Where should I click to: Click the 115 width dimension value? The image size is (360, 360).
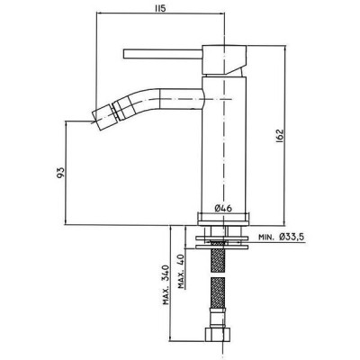pyautogui.click(x=160, y=8)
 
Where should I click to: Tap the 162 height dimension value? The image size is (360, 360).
pyautogui.click(x=279, y=136)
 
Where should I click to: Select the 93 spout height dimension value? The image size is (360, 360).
pyautogui.click(x=60, y=173)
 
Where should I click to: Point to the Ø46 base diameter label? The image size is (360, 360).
pyautogui.click(x=223, y=208)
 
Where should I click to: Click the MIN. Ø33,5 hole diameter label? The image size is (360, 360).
pyautogui.click(x=282, y=237)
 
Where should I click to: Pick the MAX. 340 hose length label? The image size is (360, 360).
pyautogui.click(x=166, y=285)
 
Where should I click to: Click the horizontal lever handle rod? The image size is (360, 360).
pyautogui.click(x=163, y=54)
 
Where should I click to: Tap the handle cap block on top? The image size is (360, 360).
pyautogui.click(x=224, y=59)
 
